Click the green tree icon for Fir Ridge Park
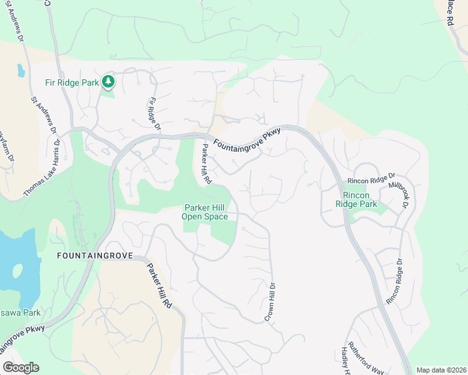click(x=108, y=81)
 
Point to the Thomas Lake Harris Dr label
click(x=41, y=168)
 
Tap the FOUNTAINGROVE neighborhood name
click(x=94, y=256)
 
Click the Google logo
click(x=21, y=367)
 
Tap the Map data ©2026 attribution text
click(x=441, y=370)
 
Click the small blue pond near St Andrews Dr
click(x=21, y=70)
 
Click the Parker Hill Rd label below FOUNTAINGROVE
click(x=159, y=284)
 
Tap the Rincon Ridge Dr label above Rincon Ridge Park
click(x=374, y=178)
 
